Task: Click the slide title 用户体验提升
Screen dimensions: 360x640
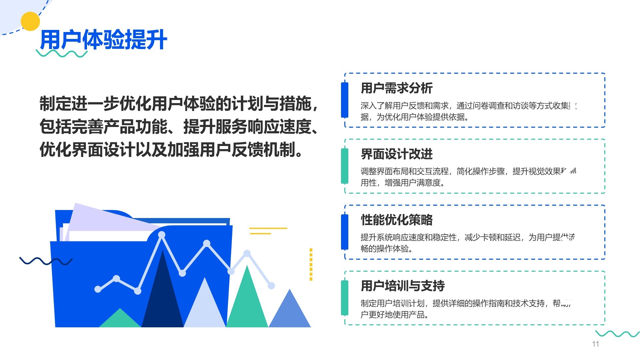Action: pos(103,40)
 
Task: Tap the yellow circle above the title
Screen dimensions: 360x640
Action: pos(30,21)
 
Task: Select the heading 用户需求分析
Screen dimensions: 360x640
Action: pos(397,88)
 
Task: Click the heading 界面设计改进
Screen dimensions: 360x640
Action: pos(397,154)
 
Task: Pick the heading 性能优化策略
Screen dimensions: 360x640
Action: pos(397,220)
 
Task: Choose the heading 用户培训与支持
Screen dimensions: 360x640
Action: pos(403,286)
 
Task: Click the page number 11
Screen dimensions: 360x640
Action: pos(595,344)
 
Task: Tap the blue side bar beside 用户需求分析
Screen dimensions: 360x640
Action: pos(345,100)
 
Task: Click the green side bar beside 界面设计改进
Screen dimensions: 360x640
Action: pos(345,166)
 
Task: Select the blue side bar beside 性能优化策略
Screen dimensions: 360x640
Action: pos(345,232)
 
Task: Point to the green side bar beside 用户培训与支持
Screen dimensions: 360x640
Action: pos(345,298)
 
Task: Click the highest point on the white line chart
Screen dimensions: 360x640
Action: pos(162,235)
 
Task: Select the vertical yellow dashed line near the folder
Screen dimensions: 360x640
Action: pos(311,264)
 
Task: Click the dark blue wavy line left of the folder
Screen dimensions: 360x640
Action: pos(46,261)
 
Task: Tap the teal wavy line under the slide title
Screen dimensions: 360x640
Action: pos(62,54)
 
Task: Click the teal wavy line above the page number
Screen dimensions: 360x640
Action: pos(617,334)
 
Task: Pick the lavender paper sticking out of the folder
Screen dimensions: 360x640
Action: pos(100,218)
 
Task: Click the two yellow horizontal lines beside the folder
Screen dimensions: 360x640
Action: pos(268,231)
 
